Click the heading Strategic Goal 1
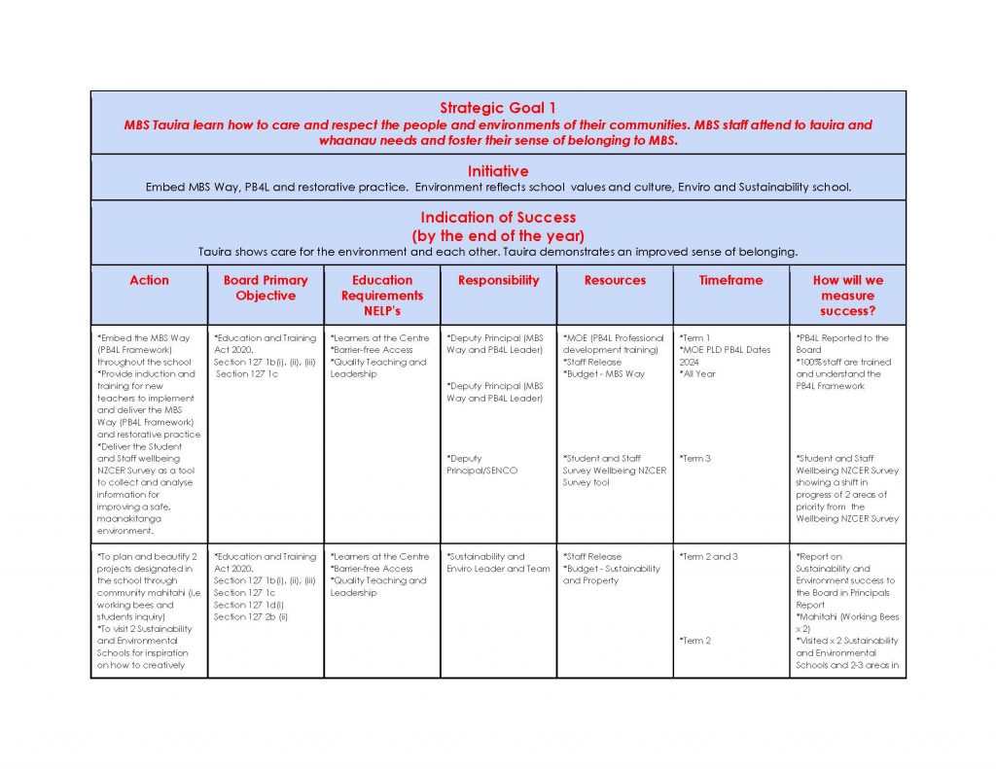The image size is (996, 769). (x=497, y=108)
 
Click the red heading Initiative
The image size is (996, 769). (x=497, y=171)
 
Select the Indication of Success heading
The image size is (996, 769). (x=497, y=218)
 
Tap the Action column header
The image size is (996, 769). (x=149, y=280)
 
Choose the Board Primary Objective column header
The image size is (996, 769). (x=266, y=288)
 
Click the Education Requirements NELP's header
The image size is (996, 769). (x=382, y=296)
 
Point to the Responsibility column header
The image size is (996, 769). (x=498, y=280)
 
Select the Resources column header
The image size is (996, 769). (x=615, y=280)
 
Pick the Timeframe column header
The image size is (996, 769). (x=730, y=280)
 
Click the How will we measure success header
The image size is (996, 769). (x=847, y=296)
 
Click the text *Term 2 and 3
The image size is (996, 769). (x=709, y=557)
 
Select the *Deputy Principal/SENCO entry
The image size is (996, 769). (x=482, y=465)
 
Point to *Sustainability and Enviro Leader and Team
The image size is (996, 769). (x=498, y=563)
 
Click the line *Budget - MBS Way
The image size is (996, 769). (x=604, y=374)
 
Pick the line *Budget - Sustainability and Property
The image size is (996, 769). (x=611, y=575)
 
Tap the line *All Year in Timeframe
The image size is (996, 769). (x=698, y=374)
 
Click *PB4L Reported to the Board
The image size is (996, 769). (x=842, y=344)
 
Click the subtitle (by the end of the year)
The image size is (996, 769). (x=497, y=235)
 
